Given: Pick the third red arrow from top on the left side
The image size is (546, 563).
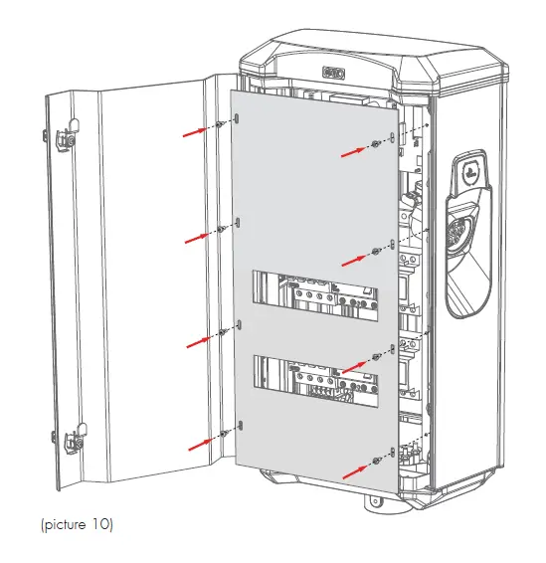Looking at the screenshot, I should pos(196,340).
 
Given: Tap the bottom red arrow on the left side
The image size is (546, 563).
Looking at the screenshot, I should pos(196,443).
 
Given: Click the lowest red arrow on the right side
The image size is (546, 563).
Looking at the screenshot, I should pos(355,469).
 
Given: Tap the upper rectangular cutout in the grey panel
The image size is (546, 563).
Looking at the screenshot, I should pos(315,288).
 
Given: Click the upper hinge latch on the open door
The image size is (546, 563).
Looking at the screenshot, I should pos(67,138).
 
